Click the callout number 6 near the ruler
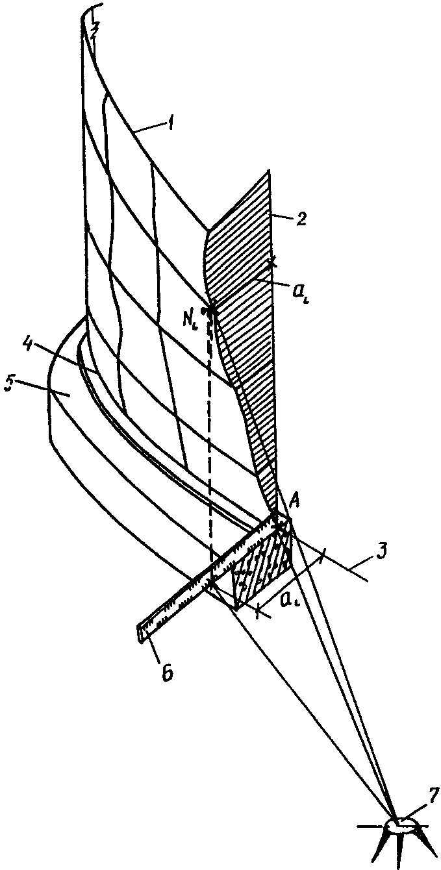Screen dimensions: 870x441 (x=166, y=672)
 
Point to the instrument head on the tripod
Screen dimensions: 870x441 (x=402, y=825)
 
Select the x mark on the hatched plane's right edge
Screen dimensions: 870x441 (x=273, y=262)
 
